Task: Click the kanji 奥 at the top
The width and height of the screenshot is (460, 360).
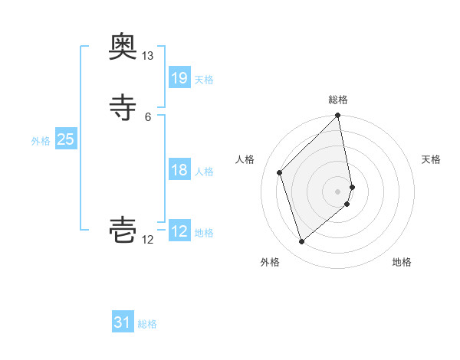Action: (x=123, y=47)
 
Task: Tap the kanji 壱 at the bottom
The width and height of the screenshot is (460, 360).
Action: (x=123, y=231)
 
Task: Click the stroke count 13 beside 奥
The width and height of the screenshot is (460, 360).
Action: (x=147, y=56)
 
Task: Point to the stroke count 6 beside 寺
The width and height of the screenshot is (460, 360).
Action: (x=147, y=116)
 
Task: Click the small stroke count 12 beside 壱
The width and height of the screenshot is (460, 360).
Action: (x=147, y=240)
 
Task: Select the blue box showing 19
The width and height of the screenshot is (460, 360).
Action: (x=179, y=78)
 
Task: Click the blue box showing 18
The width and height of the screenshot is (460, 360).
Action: (x=179, y=170)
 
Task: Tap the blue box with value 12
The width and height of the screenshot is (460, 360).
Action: (x=179, y=231)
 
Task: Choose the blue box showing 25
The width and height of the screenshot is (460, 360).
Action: (x=65, y=139)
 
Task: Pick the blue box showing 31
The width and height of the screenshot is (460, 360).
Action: (x=123, y=322)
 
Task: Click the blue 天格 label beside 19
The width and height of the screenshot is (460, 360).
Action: (x=204, y=80)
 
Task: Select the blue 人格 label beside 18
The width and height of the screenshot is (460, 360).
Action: (x=204, y=172)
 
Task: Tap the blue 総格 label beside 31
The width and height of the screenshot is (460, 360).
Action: (x=147, y=324)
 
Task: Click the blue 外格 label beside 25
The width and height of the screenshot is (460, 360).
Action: (x=41, y=141)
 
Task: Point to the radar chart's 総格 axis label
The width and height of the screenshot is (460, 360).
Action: (x=338, y=100)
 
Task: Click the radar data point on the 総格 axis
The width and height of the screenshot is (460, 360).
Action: (x=338, y=116)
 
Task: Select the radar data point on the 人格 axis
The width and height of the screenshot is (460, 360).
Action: (x=280, y=172)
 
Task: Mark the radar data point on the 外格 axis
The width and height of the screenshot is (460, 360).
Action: (x=301, y=242)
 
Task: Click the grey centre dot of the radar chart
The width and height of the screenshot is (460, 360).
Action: (x=338, y=191)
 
